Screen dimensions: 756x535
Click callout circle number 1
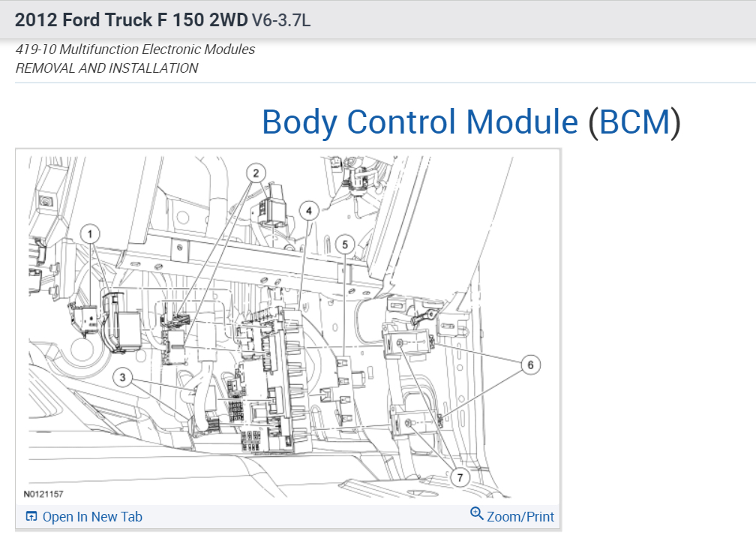click(90, 234)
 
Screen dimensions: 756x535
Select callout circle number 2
click(256, 173)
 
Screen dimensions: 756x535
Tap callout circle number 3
click(122, 377)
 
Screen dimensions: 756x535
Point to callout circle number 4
click(309, 211)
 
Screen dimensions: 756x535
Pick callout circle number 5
click(345, 245)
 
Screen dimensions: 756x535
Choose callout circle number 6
click(531, 365)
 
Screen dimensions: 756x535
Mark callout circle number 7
click(460, 477)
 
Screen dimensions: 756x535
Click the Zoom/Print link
click(520, 517)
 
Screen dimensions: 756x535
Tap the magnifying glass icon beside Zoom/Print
click(476, 513)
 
